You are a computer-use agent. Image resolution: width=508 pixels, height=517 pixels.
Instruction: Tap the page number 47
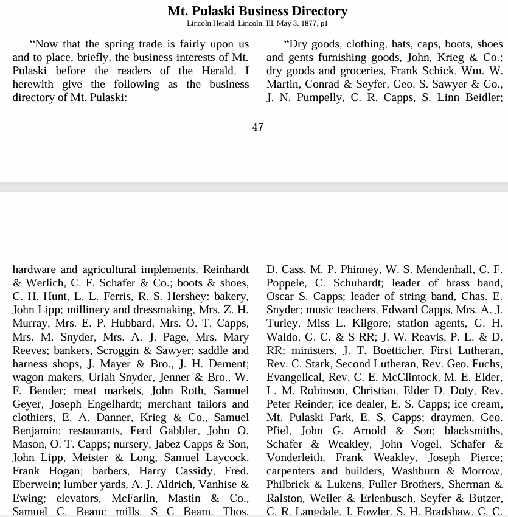pos(257,127)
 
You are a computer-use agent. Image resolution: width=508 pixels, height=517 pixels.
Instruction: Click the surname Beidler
pos(483,97)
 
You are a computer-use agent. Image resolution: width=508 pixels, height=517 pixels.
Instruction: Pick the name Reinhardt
pos(226,269)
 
